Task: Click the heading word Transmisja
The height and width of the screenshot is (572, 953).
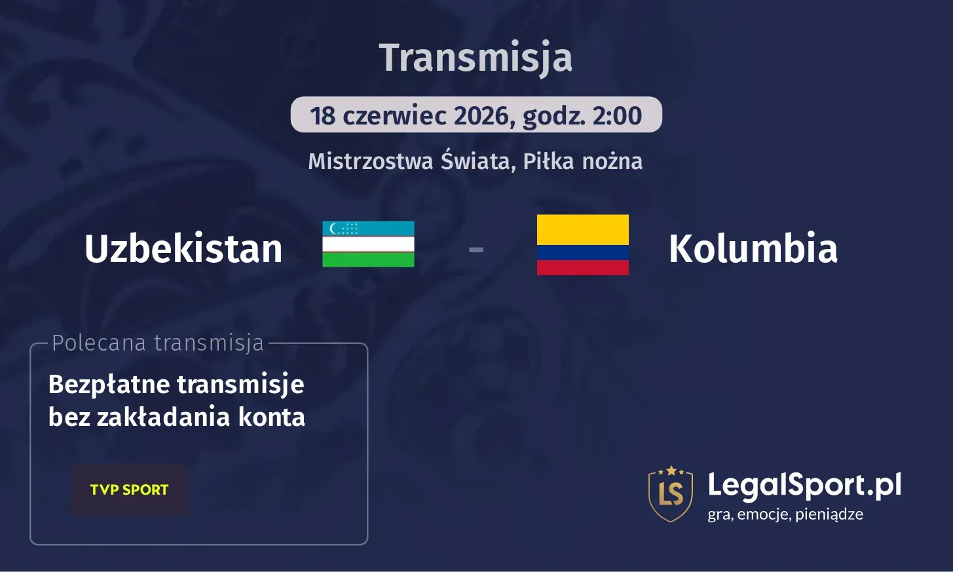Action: point(476,58)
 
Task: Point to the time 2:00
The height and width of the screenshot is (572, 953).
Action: point(617,116)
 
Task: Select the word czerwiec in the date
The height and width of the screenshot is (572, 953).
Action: point(394,116)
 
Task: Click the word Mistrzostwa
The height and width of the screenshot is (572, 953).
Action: point(371,161)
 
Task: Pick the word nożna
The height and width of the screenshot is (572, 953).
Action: point(612,161)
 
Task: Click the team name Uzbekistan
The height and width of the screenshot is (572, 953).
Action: point(183,249)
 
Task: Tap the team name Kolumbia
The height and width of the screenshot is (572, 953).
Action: point(753,249)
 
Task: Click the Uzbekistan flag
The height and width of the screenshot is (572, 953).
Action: point(368,244)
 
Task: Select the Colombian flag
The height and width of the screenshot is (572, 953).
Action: point(582,244)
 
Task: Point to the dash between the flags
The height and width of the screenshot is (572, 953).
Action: point(476,250)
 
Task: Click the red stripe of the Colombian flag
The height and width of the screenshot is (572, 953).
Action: point(582,267)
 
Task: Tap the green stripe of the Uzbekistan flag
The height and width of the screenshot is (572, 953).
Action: point(368,260)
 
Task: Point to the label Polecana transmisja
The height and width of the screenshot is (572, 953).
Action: point(158,343)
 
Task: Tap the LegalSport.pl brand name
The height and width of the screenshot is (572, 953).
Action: point(804,486)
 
